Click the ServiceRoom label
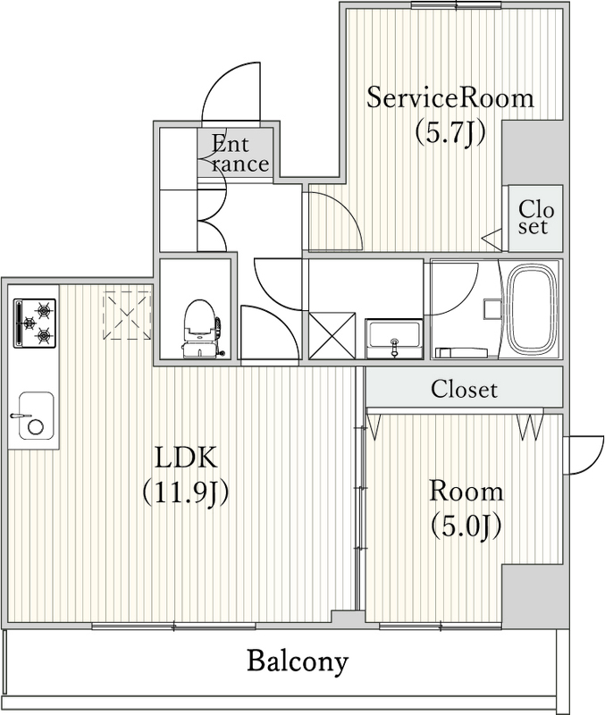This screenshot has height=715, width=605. tap(450, 97)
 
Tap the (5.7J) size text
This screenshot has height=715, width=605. tap(450, 132)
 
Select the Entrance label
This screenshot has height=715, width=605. tap(239, 153)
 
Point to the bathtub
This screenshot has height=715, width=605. tap(534, 309)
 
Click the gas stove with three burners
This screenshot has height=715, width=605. tap(34, 323)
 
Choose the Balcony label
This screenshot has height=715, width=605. tap(297, 662)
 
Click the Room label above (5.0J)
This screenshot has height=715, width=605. tap(466, 491)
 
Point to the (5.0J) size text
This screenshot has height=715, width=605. tap(466, 525)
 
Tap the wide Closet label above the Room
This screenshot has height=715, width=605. tap(464, 390)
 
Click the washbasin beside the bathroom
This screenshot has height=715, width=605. tap(394, 338)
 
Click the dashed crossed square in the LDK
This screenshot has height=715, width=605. tap(126, 314)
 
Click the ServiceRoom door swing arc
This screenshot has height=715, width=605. tap(333, 218)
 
